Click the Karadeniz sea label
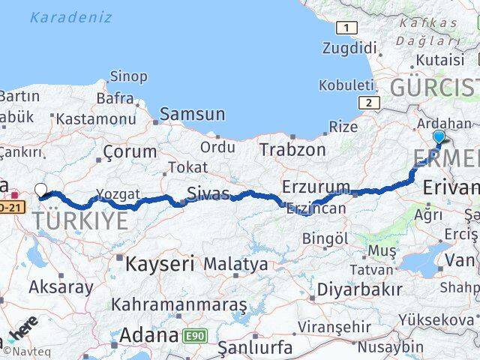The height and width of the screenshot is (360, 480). pyautogui.click(x=71, y=17)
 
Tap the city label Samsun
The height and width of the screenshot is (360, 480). pyautogui.click(x=192, y=114)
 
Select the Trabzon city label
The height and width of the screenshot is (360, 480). pyautogui.click(x=292, y=149)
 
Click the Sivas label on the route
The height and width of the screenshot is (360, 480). pyautogui.click(x=208, y=193)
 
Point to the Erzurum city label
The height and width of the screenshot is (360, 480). pyautogui.click(x=316, y=186)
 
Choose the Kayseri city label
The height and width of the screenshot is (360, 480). pyautogui.click(x=160, y=264)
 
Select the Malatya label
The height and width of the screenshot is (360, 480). pyautogui.click(x=235, y=264)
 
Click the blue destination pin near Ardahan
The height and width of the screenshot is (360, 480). pyautogui.click(x=439, y=136)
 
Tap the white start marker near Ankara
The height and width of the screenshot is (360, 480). pyautogui.click(x=40, y=190)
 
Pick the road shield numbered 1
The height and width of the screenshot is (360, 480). pyautogui.click(x=346, y=28)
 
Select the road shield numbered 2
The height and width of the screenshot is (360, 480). pyautogui.click(x=367, y=103)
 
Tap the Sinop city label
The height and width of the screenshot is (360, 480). pyautogui.click(x=128, y=75)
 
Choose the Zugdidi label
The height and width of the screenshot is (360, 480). pyautogui.click(x=349, y=48)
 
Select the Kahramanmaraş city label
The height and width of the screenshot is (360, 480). pyautogui.click(x=179, y=304)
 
